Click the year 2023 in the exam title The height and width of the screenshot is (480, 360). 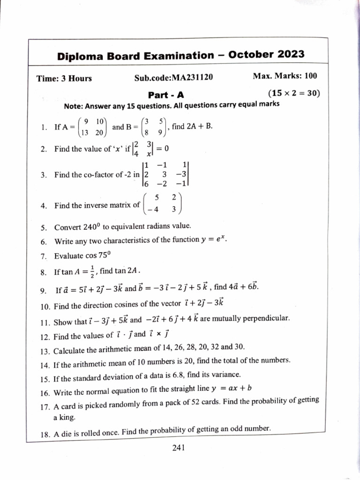click(x=290, y=54)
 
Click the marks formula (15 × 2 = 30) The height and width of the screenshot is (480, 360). click(x=294, y=93)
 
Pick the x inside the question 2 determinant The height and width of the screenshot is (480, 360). click(x=148, y=153)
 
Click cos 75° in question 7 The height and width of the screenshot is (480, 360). click(x=97, y=256)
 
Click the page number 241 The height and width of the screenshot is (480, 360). click(x=180, y=448)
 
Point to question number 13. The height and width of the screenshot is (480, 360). click(x=45, y=351)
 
